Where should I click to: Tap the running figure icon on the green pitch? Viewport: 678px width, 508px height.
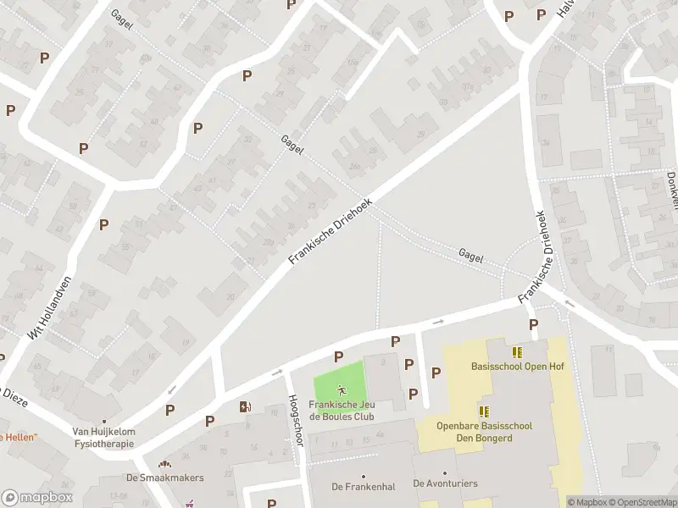[x=342, y=390]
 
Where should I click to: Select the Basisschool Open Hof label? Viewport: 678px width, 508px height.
[x=517, y=367]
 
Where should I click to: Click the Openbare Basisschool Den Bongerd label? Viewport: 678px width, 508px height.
[x=484, y=432]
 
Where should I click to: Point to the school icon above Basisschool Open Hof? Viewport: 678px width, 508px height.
[x=517, y=351]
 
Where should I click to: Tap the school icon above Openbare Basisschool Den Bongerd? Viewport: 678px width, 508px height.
[x=484, y=411]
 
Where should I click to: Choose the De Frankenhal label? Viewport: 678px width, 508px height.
[x=363, y=486]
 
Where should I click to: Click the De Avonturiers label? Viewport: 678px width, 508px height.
[x=445, y=483]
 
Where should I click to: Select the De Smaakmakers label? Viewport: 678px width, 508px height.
[x=164, y=477]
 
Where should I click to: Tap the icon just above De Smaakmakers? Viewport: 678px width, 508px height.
[x=164, y=463]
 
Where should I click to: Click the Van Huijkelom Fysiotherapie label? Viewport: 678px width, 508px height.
[x=103, y=437]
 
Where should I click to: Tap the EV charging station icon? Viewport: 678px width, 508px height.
[x=245, y=406]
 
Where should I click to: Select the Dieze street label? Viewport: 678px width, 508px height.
[x=16, y=398]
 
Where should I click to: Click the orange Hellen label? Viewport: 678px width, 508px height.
[x=19, y=437]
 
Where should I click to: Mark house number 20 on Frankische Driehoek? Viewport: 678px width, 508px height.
[x=230, y=297]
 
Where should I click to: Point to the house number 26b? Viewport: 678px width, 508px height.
[x=354, y=166]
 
